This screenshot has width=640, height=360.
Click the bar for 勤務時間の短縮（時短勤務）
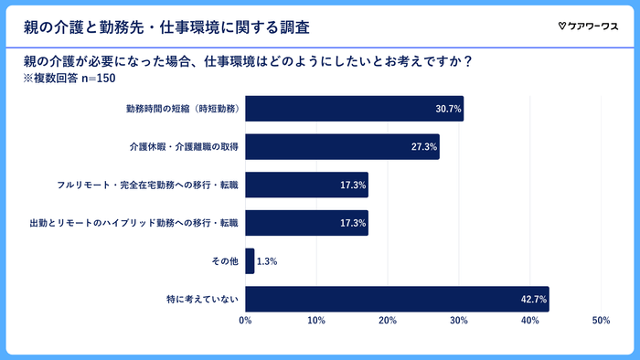pyautogui.click(x=354, y=109)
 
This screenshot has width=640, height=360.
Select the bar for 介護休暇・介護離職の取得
pyautogui.click(x=342, y=147)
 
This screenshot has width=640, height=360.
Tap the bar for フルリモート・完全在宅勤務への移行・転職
pyautogui.click(x=306, y=185)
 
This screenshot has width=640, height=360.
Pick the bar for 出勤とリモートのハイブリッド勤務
pyautogui.click(x=306, y=223)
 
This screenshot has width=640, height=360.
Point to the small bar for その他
pyautogui.click(x=250, y=261)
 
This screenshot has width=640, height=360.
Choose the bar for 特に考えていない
pyautogui.click(x=397, y=299)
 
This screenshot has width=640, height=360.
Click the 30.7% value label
pyautogui.click(x=448, y=109)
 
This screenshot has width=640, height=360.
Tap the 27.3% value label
pyautogui.click(x=424, y=147)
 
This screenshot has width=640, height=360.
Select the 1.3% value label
pyautogui.click(x=266, y=261)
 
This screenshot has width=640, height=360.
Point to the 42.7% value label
pyautogui.click(x=534, y=299)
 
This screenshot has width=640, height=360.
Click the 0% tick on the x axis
pyautogui.click(x=245, y=321)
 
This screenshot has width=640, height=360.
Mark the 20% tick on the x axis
pyautogui.click(x=388, y=321)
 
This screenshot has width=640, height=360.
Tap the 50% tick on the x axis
pyautogui.click(x=601, y=321)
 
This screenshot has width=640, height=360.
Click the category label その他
pyautogui.click(x=224, y=261)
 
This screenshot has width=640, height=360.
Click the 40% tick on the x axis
pyautogui.click(x=529, y=321)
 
